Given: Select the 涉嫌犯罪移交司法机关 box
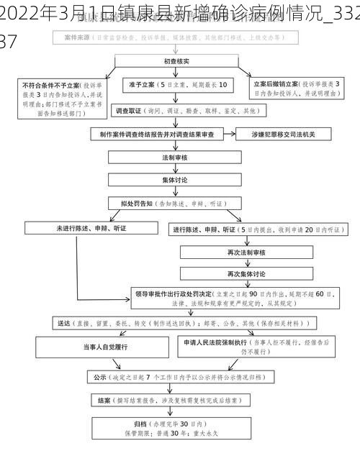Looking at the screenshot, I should pos(276,135).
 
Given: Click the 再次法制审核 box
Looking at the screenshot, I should pos(246,253).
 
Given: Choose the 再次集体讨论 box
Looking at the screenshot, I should pos(246,275).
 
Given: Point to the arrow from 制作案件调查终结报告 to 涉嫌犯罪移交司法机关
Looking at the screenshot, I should pos(230,135).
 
